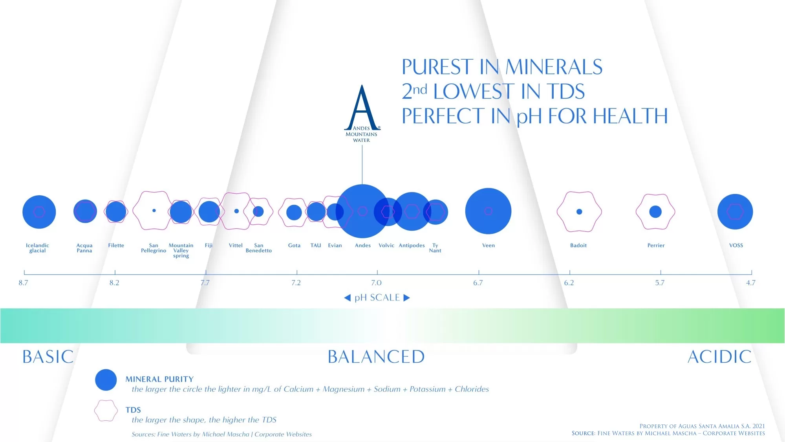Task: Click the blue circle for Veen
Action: pyautogui.click(x=488, y=211)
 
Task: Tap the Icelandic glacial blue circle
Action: pyautogui.click(x=39, y=212)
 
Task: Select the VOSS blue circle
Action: pyautogui.click(x=735, y=212)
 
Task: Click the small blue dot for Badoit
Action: pyautogui.click(x=579, y=212)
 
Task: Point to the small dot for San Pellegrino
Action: pyautogui.click(x=154, y=211)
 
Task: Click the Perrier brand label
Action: pyautogui.click(x=656, y=246)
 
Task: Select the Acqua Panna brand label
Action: pyautogui.click(x=84, y=248)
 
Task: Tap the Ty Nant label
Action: pyautogui.click(x=435, y=248)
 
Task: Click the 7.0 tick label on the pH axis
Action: pyautogui.click(x=376, y=283)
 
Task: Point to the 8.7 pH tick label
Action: pyautogui.click(x=23, y=283)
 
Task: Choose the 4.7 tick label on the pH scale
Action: pyautogui.click(x=750, y=283)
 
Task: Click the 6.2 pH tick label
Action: pyautogui.click(x=569, y=283)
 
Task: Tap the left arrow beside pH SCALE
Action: pyautogui.click(x=347, y=298)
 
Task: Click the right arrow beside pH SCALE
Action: pyautogui.click(x=407, y=298)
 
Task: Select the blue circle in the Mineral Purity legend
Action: pyautogui.click(x=106, y=380)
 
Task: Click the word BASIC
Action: pyautogui.click(x=48, y=357)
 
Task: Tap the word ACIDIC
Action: pyautogui.click(x=719, y=357)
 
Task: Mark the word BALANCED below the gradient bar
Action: pyautogui.click(x=376, y=357)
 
